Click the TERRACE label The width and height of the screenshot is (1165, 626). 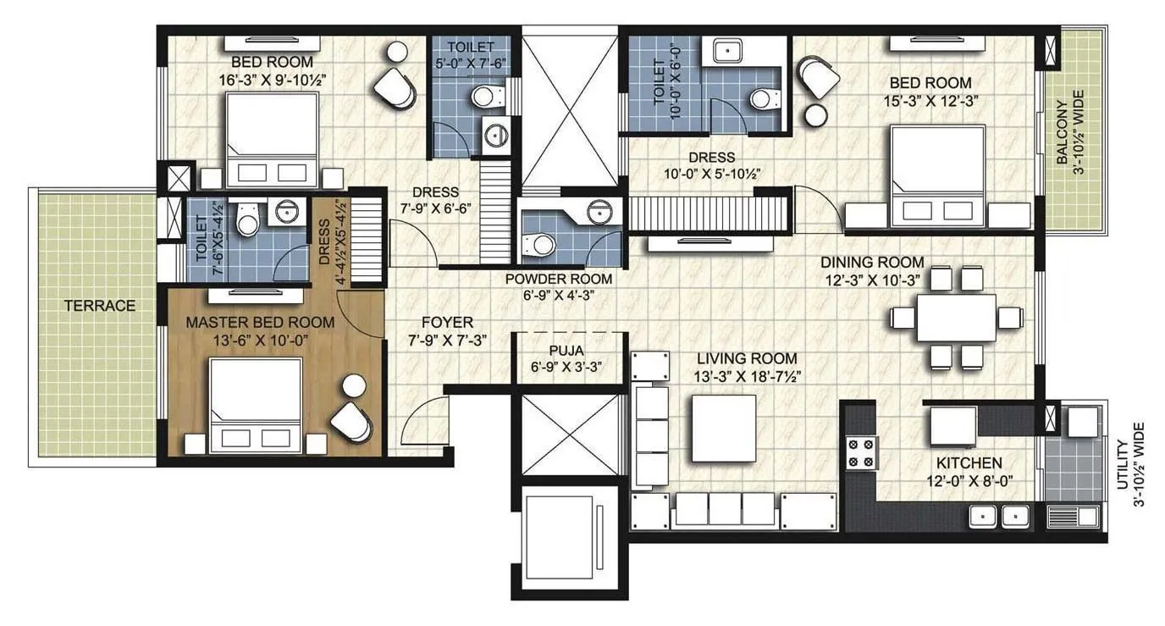click(x=99, y=306)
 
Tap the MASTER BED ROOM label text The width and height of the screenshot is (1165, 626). click(x=259, y=323)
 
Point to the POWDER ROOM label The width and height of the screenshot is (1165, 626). click(x=559, y=279)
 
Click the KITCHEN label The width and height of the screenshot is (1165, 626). click(x=969, y=463)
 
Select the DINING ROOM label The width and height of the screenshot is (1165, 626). click(x=872, y=263)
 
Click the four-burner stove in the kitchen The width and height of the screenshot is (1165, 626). click(x=860, y=452)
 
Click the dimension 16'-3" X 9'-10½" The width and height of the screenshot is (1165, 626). click(x=273, y=79)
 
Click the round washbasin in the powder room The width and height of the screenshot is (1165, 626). click(x=600, y=212)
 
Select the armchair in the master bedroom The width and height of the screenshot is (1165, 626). click(x=350, y=420)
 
